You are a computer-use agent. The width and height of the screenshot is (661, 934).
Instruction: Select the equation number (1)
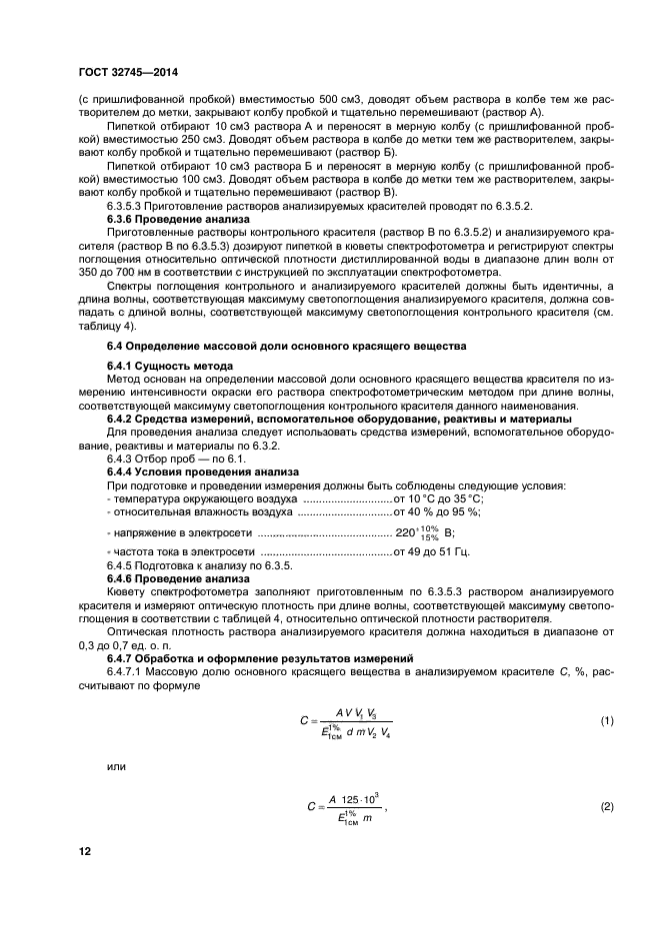[605, 720]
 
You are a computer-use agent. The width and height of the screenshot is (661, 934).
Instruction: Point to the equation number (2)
[605, 806]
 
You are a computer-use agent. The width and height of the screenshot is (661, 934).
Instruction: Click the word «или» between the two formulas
[117, 767]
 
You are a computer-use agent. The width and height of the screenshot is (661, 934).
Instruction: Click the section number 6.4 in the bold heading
[116, 345]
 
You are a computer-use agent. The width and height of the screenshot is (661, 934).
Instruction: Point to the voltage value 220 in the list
[405, 532]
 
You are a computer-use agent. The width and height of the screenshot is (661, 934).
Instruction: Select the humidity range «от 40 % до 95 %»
[438, 511]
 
